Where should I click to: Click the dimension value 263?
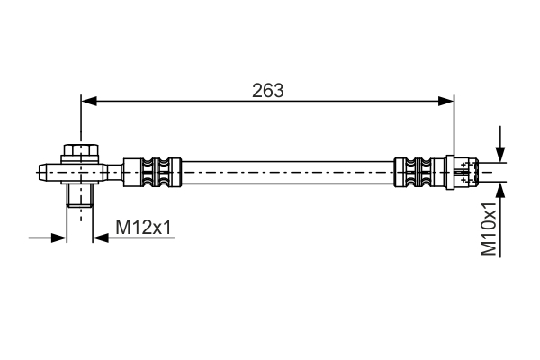click(x=268, y=90)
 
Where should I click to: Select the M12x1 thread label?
click(x=143, y=229)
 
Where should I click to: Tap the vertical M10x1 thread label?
click(x=490, y=229)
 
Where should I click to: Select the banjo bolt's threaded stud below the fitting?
click(x=79, y=195)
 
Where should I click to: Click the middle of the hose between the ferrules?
click(x=288, y=170)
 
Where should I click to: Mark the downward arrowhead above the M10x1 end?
click(x=500, y=154)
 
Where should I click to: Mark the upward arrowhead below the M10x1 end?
click(x=500, y=188)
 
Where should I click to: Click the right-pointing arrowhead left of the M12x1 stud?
click(x=61, y=238)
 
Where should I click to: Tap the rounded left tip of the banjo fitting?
click(x=41, y=170)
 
